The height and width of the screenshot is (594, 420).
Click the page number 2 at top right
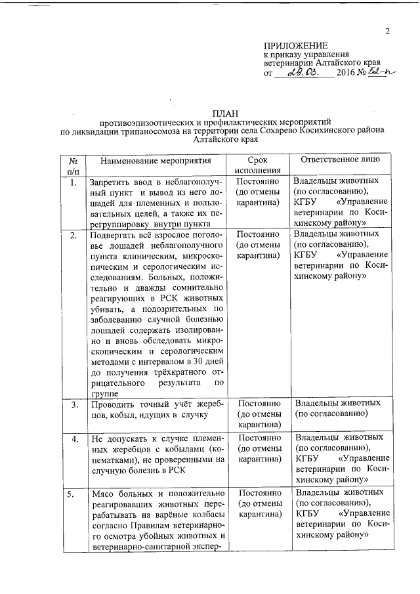pyautogui.click(x=387, y=31)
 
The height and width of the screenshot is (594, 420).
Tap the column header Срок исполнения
pyautogui.click(x=258, y=165)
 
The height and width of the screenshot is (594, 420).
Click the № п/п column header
pyautogui.click(x=74, y=165)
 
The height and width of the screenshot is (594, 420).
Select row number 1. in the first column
pyautogui.click(x=74, y=182)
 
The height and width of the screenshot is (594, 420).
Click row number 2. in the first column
pyautogui.click(x=74, y=234)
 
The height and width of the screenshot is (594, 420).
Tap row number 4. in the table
pyautogui.click(x=74, y=438)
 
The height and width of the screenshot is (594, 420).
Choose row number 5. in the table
pyautogui.click(x=74, y=493)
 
